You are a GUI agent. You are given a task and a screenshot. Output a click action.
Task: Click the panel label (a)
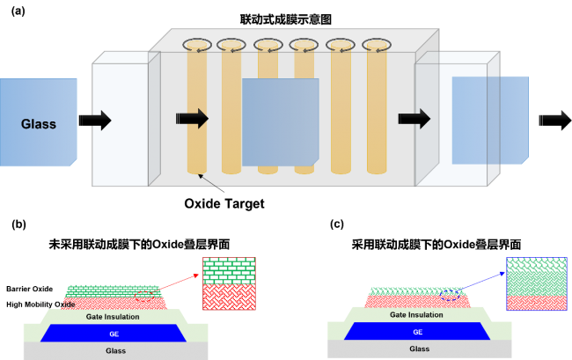(18, 11)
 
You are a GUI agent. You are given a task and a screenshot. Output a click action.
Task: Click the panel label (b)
(18, 224)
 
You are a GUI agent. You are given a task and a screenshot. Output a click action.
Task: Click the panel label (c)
(337, 224)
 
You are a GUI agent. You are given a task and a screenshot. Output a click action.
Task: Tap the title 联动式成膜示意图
(286, 19)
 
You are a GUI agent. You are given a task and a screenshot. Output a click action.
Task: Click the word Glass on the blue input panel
(39, 124)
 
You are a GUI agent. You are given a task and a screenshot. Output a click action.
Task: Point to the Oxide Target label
(224, 203)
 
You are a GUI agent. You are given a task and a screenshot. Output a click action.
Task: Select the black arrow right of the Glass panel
(95, 121)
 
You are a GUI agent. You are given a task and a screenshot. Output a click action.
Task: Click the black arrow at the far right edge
(555, 121)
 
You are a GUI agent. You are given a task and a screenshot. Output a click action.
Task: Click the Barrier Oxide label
(30, 289)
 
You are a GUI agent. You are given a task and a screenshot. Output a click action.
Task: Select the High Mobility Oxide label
(40, 305)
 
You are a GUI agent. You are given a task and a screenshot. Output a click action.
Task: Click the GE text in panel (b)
(114, 334)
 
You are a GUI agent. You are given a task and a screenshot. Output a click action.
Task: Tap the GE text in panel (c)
(418, 332)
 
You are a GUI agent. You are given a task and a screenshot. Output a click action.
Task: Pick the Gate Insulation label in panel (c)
(416, 315)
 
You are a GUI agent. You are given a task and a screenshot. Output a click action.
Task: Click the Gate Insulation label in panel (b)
(113, 317)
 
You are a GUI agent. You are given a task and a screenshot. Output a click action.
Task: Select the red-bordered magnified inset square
(229, 283)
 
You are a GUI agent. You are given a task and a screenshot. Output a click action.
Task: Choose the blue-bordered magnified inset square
(537, 283)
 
